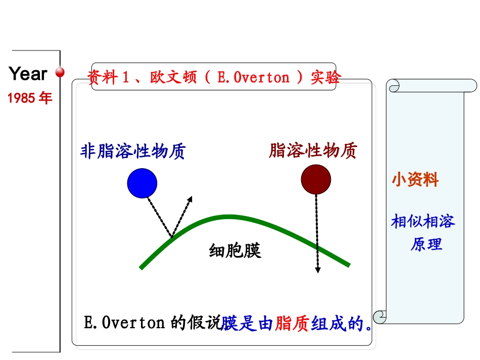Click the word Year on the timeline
pos(28,74)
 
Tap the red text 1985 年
pos(30,98)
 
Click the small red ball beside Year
pos(60,73)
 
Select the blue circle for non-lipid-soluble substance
pos(142,183)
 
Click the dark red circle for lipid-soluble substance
pos(316,180)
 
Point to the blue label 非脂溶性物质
pos(133,151)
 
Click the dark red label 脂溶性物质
pos(313,150)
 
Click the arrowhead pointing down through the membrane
pos(317,270)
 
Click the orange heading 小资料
pos(415,180)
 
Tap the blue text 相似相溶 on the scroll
pos(423,221)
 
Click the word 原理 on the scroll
pos(426,244)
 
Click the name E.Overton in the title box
pos(253,78)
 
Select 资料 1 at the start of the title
pos(109,78)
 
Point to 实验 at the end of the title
pos(326,78)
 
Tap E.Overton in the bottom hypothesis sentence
pos(124,323)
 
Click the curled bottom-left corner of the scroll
pos(379,317)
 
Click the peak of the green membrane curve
pos(229,218)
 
